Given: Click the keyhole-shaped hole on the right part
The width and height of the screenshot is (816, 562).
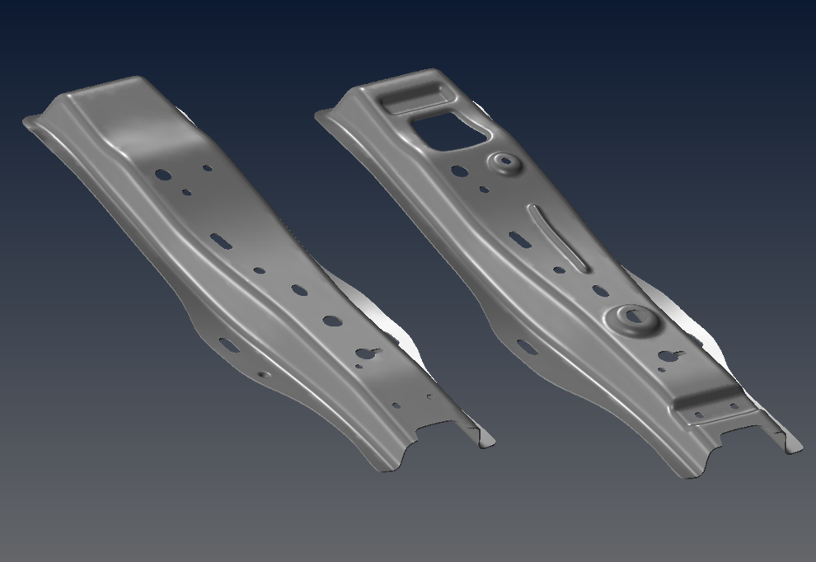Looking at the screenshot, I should (x=668, y=356).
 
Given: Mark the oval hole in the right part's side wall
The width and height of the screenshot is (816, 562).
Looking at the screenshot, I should (x=527, y=347).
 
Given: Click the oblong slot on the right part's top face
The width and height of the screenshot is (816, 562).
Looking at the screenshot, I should (x=519, y=239).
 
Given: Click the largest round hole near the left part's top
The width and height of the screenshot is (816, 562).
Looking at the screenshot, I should (x=163, y=175).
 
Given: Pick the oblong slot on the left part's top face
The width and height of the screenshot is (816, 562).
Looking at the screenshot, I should (x=220, y=240).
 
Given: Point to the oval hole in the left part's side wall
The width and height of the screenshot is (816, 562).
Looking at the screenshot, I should (x=228, y=345).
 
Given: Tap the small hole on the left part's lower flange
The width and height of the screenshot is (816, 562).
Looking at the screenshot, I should (x=264, y=375).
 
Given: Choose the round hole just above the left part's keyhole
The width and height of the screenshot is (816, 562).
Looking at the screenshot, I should (x=332, y=321).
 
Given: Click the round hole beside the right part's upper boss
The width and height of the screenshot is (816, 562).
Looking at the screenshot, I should (x=459, y=172).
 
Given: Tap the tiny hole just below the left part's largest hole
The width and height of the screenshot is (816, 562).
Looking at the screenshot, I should (x=187, y=193).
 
